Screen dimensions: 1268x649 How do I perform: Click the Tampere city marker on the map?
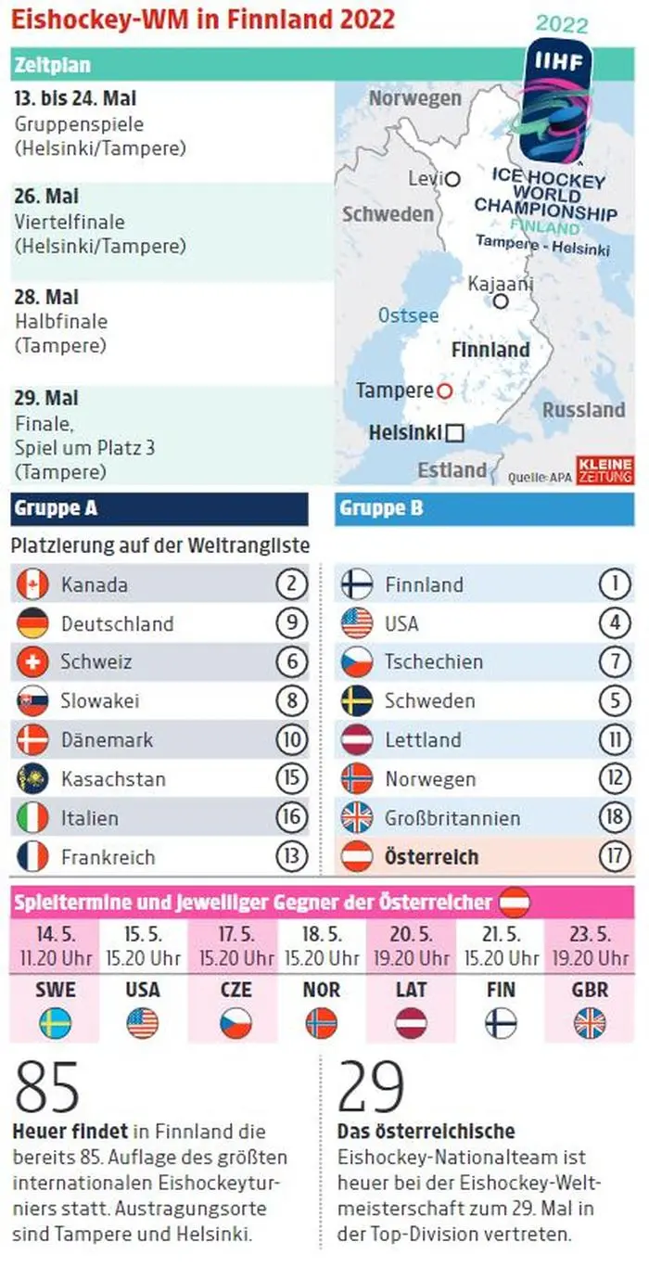444,391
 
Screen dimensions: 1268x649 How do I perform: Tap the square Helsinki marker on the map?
454,432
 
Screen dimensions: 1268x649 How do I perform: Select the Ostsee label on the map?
408,315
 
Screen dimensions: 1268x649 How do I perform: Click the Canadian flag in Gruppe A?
32,584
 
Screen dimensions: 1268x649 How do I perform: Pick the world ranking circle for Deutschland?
291,623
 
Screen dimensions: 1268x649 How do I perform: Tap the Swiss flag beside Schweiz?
32,662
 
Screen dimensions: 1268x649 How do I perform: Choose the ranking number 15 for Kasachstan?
291,779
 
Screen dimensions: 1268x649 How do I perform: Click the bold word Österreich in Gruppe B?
432,857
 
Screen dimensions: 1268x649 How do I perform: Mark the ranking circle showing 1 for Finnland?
614,584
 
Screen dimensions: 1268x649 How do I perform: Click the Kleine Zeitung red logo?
604,469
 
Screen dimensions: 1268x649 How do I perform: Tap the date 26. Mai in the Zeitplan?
47,197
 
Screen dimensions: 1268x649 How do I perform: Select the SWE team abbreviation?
56,990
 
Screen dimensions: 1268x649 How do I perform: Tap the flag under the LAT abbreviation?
411,1023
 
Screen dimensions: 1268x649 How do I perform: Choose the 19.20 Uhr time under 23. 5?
590,958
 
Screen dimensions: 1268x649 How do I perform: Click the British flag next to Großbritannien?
357,818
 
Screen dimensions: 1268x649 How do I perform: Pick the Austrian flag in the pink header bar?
515,902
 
